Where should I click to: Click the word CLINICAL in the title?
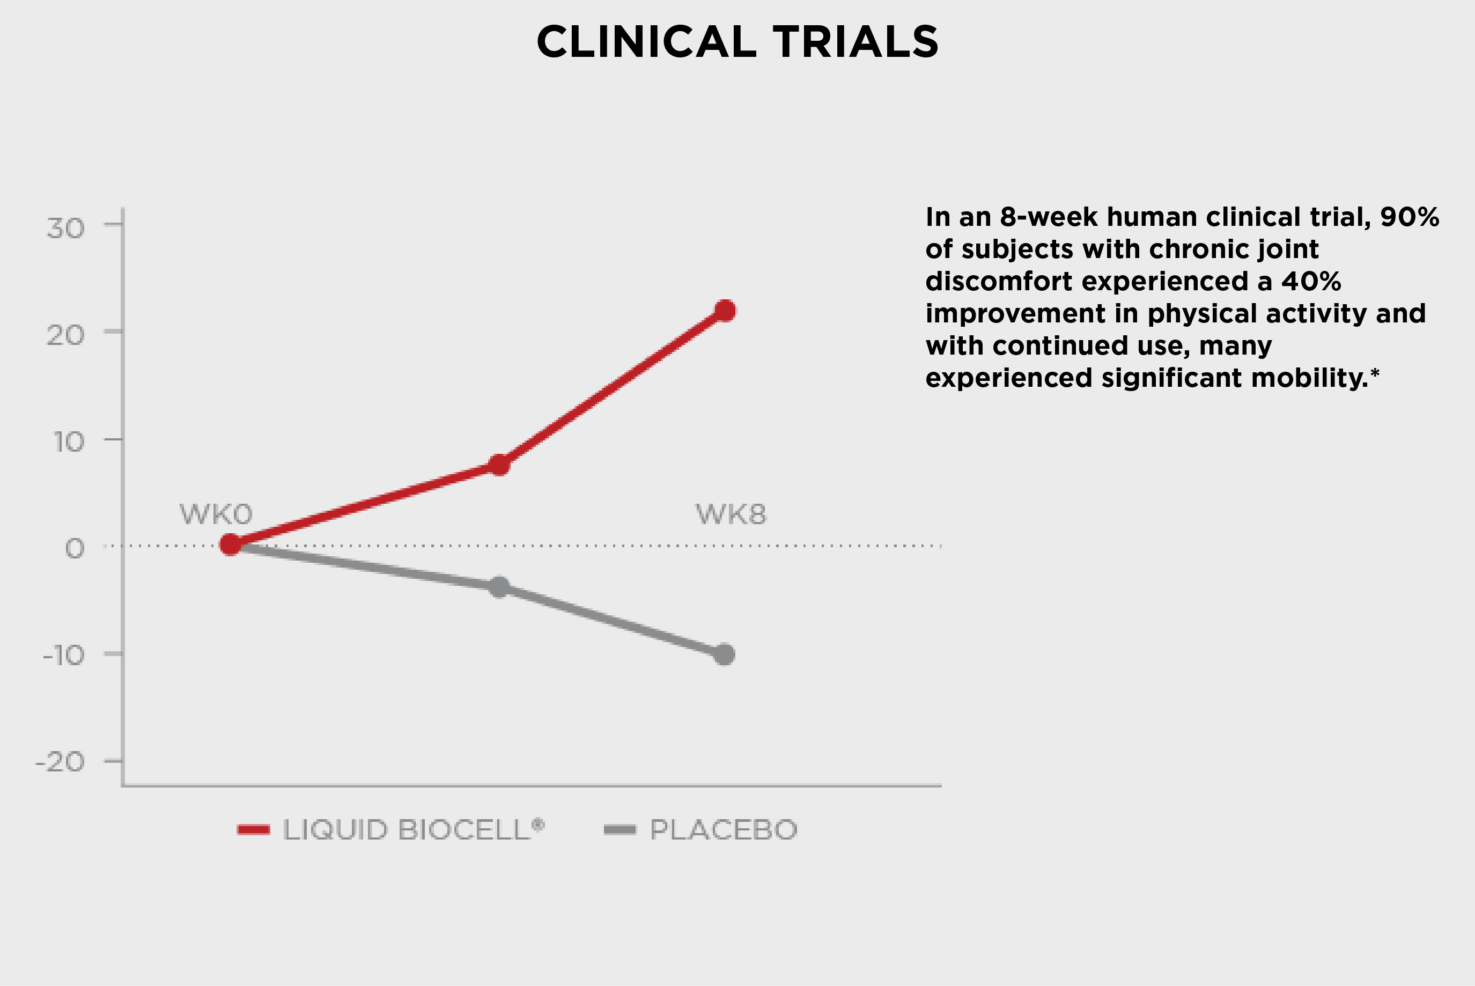pos(646,42)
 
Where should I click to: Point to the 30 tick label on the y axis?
pos(65,229)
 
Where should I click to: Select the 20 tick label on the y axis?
pos(65,335)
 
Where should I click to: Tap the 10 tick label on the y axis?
pos(69,442)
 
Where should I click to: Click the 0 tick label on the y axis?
pos(75,548)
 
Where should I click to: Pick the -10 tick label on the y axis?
pos(63,655)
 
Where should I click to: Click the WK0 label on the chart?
pos(216,514)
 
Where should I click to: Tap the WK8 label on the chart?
pos(731,514)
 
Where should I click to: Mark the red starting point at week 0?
pos(231,544)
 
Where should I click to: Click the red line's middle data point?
pos(499,465)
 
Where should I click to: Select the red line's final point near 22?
pos(725,310)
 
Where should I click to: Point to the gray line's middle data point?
pos(499,587)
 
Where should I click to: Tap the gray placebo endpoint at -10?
pos(724,654)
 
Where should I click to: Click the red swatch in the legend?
pos(253,830)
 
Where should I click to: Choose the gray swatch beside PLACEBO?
pos(620,830)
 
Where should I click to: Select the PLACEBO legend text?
pos(724,830)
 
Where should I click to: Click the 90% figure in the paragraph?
pos(1410,217)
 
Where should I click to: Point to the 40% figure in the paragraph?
pos(1311,281)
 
